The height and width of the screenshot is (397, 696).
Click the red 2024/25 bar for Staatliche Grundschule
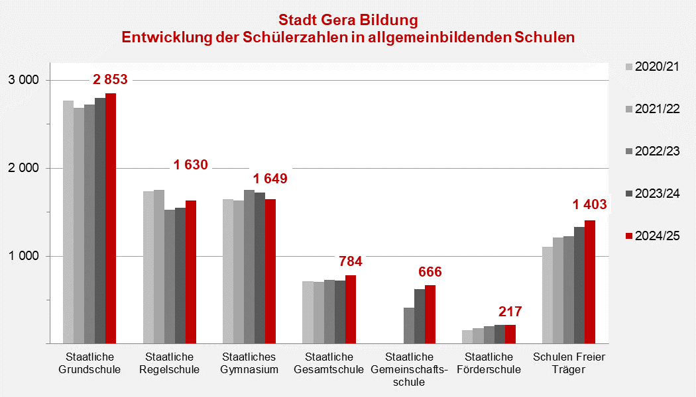[111, 218]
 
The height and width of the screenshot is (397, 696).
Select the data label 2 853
[110, 80]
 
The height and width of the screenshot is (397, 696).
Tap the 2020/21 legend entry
[652, 66]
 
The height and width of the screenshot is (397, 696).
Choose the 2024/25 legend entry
[652, 236]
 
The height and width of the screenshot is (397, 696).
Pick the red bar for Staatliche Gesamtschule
[351, 310]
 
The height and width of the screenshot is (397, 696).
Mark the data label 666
[430, 272]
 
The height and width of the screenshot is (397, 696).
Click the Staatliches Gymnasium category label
[249, 363]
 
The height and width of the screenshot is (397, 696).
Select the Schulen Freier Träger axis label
[569, 363]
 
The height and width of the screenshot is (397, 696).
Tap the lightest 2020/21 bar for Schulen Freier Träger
[548, 295]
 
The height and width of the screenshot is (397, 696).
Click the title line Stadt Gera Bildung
[348, 21]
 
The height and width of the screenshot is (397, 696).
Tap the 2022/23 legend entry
[652, 151]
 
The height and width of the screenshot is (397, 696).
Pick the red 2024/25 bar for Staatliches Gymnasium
[270, 271]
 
